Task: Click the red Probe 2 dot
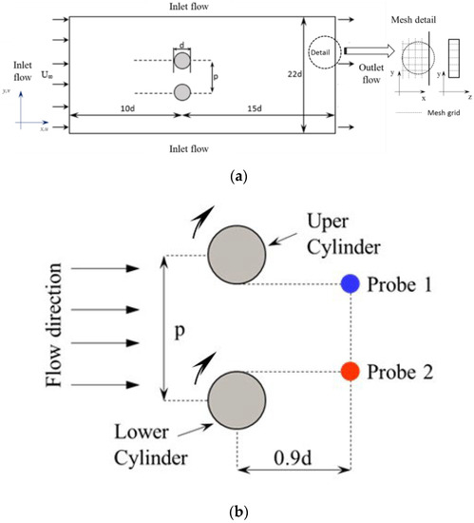(351, 371)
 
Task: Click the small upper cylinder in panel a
(182, 60)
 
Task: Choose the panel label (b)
(236, 513)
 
